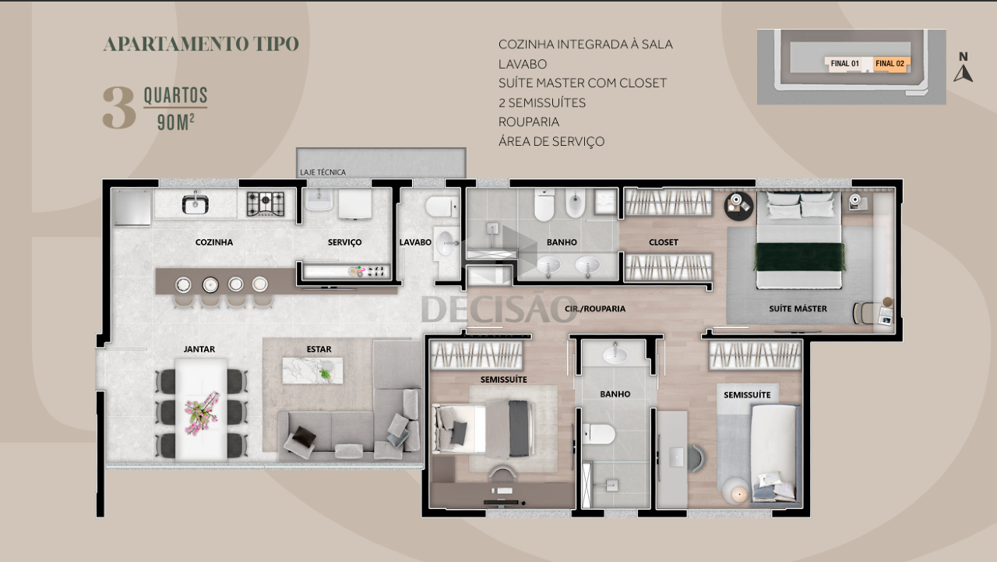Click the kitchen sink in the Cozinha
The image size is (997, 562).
pos(195,203)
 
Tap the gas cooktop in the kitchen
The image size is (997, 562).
pos(266,204)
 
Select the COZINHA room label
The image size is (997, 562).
pos(214,242)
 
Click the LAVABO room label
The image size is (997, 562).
pos(415,242)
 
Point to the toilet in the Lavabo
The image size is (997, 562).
pos(441,207)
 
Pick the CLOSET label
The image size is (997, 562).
pos(663,242)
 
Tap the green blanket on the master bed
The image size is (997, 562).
pos(799,256)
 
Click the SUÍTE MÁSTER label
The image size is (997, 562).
pos(798,309)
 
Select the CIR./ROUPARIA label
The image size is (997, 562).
pos(595,309)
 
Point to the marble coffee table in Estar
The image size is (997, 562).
pos(312,370)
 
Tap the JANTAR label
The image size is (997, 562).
pos(199,349)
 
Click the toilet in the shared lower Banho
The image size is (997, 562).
pos(599,433)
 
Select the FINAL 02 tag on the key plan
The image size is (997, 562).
pos(890,64)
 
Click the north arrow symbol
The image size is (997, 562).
pos(963,73)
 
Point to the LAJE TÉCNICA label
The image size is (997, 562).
pos(322,172)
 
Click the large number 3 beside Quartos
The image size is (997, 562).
pos(119,108)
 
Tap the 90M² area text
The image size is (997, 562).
pos(176,122)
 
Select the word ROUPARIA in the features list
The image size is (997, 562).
pos(529,122)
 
